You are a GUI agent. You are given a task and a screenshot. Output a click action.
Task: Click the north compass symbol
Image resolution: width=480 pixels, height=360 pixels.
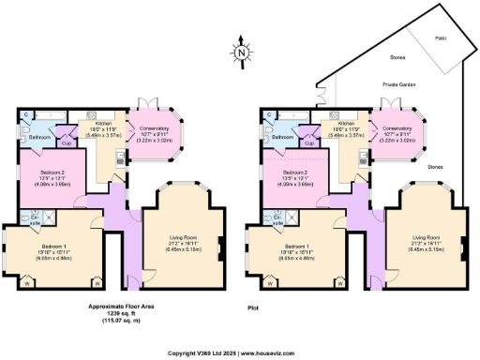241,53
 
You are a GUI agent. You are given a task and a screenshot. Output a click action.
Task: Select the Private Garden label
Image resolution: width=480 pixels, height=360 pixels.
397,84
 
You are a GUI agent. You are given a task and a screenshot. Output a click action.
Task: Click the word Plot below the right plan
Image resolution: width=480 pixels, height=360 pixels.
252,307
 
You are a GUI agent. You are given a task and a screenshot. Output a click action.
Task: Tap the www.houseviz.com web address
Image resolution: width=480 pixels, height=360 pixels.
278,353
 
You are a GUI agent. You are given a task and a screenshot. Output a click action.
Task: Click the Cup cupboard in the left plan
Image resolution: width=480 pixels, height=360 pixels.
66,143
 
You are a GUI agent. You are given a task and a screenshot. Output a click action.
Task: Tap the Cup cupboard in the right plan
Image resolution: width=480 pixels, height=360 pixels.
308,143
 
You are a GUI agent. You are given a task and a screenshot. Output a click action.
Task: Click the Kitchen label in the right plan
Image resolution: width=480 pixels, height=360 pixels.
347,124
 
